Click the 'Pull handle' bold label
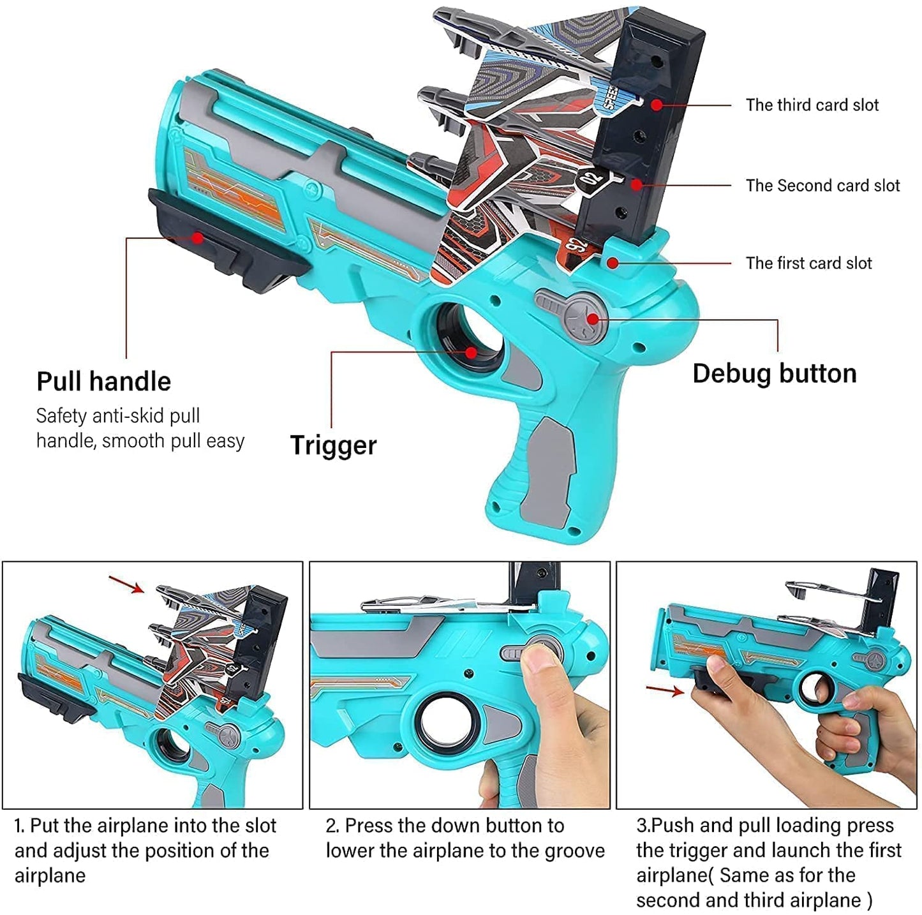click(x=103, y=382)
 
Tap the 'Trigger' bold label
click(x=333, y=445)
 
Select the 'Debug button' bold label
click(x=774, y=374)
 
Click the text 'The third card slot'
click(x=812, y=105)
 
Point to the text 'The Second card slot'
click(x=822, y=186)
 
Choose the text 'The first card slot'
click(x=808, y=263)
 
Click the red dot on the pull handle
click(x=198, y=238)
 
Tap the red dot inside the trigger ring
click(x=471, y=352)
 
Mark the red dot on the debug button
click(x=593, y=319)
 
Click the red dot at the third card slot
click(x=657, y=105)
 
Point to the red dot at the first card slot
click(x=613, y=262)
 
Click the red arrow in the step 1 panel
click(x=126, y=584)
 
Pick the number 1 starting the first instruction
click(x=19, y=826)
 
